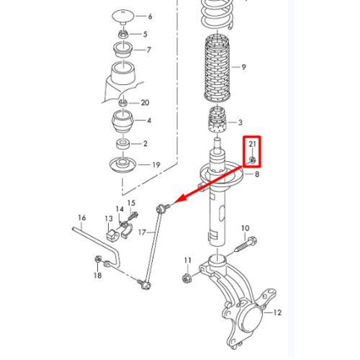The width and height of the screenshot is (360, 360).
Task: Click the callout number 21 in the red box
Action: [252, 144]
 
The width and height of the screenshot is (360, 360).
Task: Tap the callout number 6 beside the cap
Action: [150, 17]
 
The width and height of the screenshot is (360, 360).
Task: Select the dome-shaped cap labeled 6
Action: [123, 17]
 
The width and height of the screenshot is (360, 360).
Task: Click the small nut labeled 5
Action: [123, 35]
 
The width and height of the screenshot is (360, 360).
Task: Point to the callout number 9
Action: [243, 67]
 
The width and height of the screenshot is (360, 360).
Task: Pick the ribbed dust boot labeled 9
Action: [217, 68]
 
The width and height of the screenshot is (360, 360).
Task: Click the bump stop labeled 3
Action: [217, 120]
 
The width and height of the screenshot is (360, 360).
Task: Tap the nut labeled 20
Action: [123, 103]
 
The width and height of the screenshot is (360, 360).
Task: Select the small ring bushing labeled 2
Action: [123, 144]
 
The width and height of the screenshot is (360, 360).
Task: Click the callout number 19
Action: [156, 165]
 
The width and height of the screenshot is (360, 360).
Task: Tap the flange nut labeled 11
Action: [186, 278]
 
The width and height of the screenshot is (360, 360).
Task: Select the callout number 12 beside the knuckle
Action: [277, 312]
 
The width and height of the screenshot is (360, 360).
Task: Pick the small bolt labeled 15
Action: [132, 215]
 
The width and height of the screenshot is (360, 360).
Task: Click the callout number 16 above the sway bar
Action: [82, 217]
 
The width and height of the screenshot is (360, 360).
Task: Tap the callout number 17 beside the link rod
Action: [142, 233]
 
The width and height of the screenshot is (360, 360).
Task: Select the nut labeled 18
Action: [98, 259]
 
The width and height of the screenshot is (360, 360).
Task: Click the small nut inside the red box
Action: [252, 159]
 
